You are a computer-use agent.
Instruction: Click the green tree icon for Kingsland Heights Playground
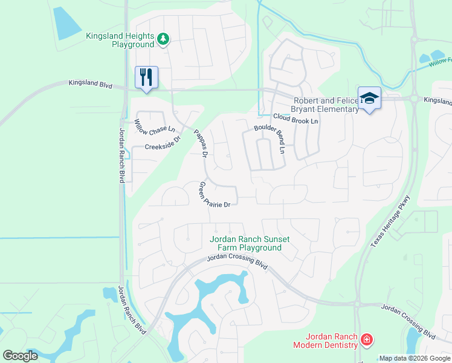point(163,39)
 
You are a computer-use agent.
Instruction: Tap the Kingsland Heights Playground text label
point(120,40)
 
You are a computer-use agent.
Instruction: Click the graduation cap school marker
point(369,98)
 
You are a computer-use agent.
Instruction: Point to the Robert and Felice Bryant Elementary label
point(326,105)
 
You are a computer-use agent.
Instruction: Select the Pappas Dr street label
point(201,143)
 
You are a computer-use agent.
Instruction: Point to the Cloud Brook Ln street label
point(295,119)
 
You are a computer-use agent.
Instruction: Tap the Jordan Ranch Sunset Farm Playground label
point(249,243)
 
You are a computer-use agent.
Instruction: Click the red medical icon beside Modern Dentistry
point(366,340)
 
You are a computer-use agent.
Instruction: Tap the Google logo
point(20,356)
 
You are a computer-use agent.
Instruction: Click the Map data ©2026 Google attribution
point(415,358)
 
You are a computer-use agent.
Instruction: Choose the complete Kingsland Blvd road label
point(91,83)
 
